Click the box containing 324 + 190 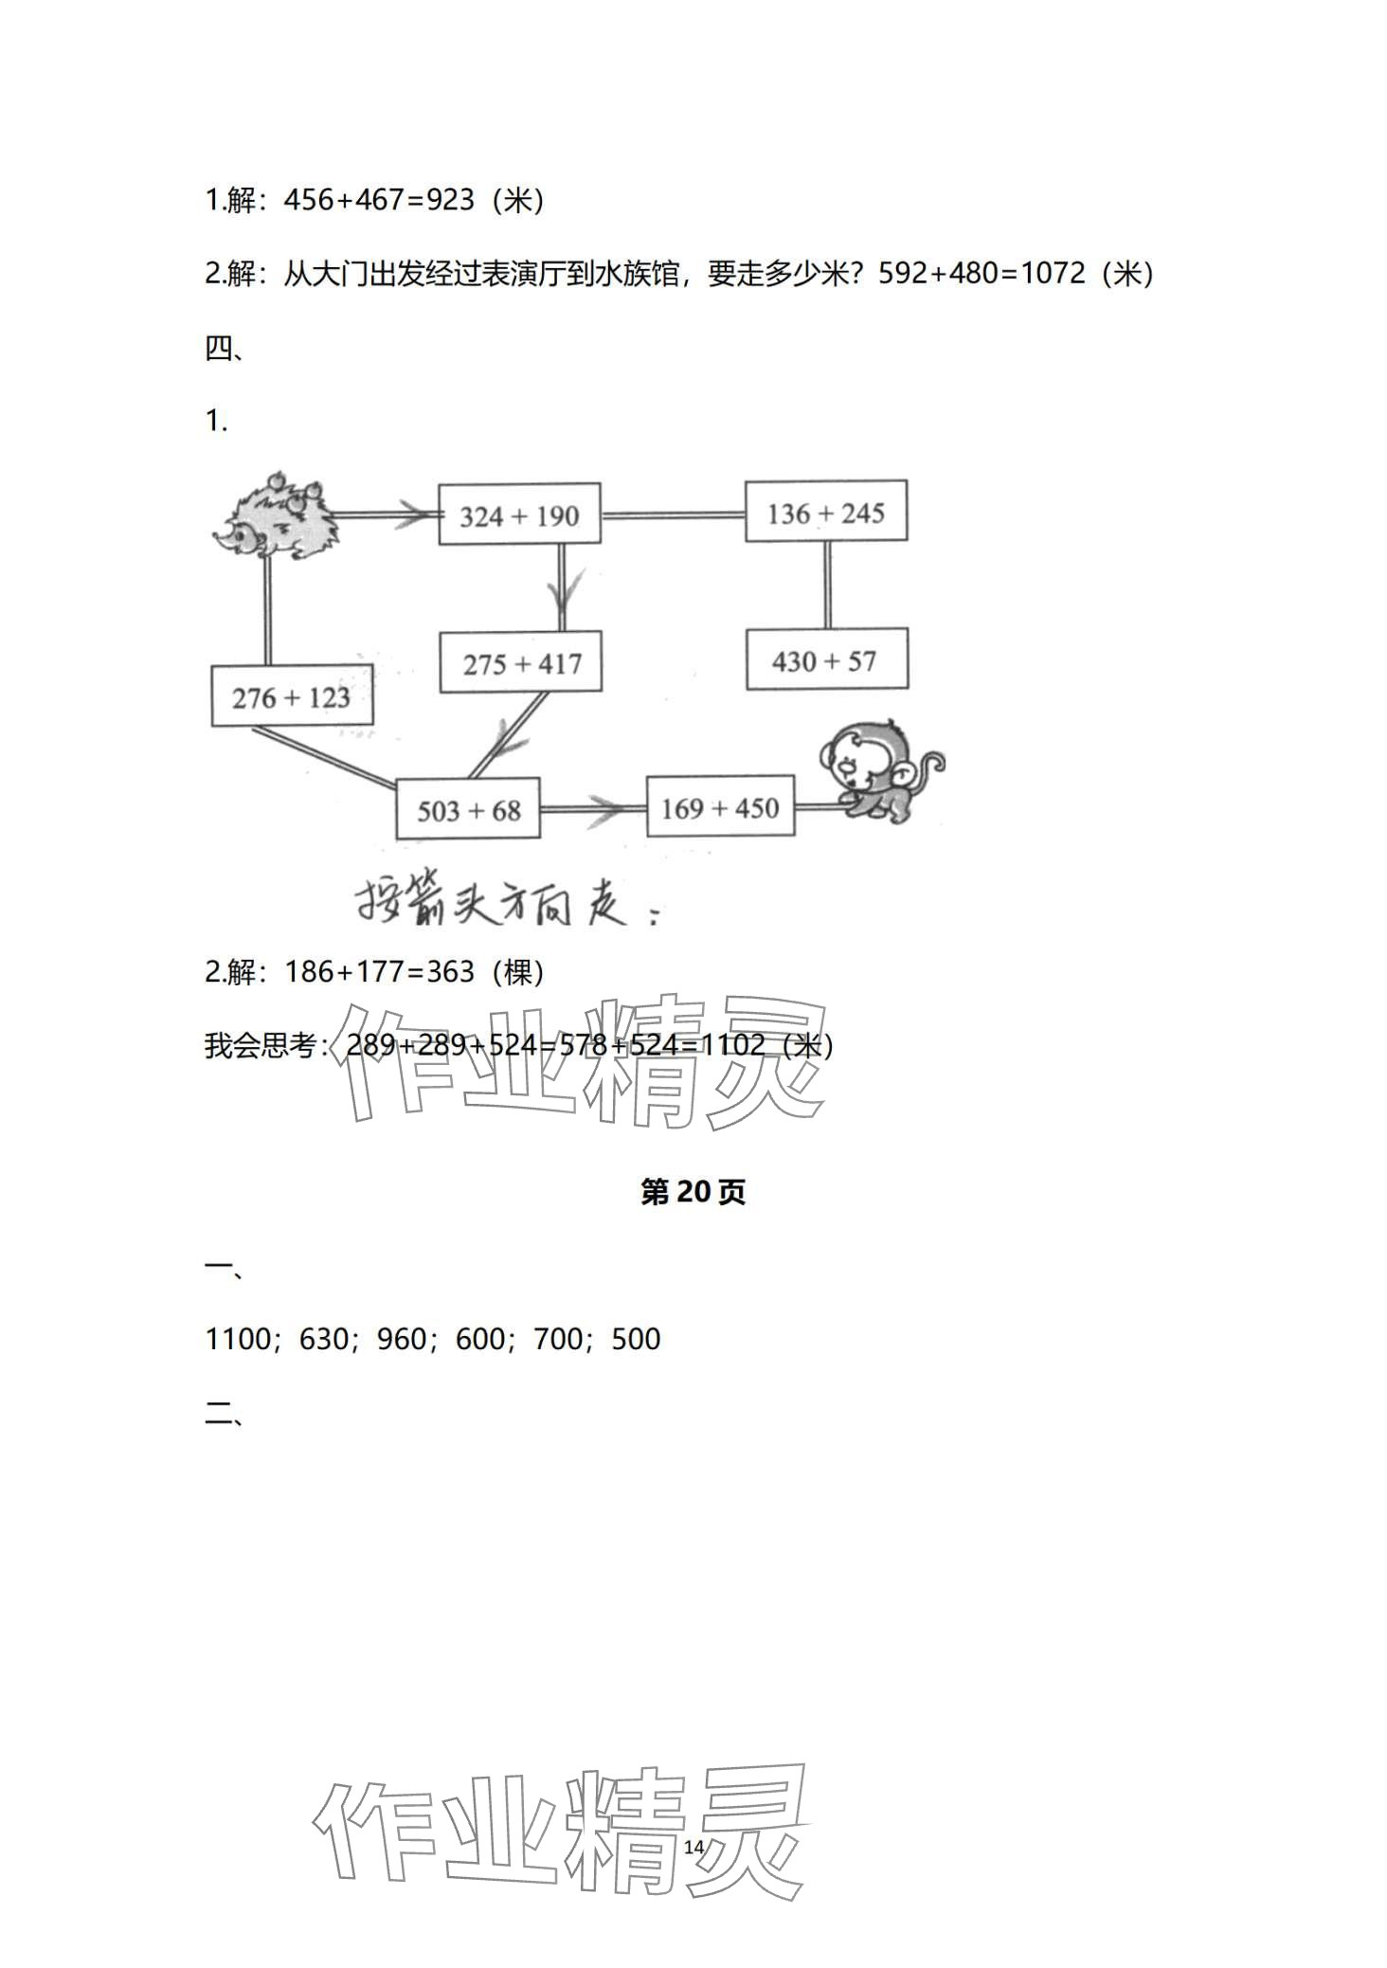[519, 515]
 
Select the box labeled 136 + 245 [825, 513]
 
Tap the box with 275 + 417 [521, 663]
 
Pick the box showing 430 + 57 [826, 660]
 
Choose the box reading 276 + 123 [292, 697]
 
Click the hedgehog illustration [277, 518]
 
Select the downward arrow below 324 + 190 [562, 597]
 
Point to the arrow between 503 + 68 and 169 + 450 [603, 808]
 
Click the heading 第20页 [693, 1192]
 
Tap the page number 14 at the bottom [693, 1847]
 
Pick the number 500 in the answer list [636, 1339]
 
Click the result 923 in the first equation [451, 200]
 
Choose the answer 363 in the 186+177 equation [451, 971]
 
